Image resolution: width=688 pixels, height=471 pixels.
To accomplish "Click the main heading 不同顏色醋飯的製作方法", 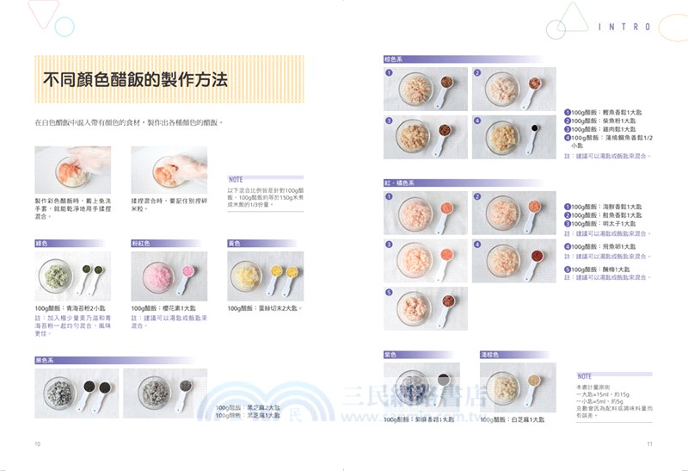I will [135, 80].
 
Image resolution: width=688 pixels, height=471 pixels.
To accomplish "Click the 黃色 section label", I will [234, 244].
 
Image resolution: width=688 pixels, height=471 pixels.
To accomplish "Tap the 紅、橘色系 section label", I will [401, 183].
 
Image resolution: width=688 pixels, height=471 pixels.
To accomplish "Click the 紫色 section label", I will [392, 354].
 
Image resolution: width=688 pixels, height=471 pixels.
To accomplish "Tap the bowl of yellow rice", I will [249, 276].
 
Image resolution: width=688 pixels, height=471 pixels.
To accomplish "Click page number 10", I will [38, 444].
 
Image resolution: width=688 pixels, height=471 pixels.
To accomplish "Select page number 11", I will [650, 444].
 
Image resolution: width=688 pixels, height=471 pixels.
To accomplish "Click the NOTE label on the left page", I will [236, 180].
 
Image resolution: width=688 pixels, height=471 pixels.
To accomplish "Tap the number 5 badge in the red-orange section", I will [390, 292].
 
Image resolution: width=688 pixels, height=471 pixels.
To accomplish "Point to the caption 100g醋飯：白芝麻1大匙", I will [514, 419].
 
